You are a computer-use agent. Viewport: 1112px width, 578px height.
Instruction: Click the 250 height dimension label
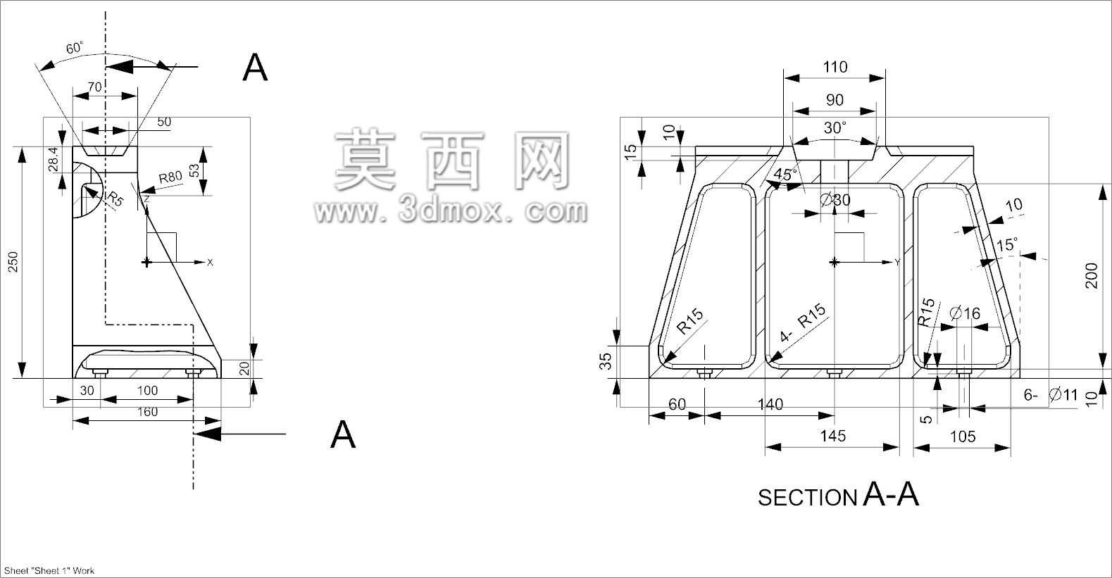[13, 262]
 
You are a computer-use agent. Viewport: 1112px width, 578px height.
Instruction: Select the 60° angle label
[75, 48]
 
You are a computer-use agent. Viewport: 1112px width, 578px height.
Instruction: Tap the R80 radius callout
[170, 177]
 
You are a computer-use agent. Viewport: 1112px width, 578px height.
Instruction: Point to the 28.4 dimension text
[53, 159]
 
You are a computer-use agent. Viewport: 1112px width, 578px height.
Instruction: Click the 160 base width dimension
[147, 412]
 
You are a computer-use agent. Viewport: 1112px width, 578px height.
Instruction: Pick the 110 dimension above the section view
[835, 67]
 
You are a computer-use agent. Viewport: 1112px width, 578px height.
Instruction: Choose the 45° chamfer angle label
[785, 174]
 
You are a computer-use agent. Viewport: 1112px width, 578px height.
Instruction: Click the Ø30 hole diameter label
[835, 200]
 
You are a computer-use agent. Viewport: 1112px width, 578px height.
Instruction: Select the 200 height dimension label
[1091, 275]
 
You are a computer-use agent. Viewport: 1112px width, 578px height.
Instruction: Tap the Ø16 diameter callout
[965, 313]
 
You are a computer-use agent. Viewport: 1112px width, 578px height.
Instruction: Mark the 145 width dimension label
[832, 436]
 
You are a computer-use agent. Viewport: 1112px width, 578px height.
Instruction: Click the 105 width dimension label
[963, 436]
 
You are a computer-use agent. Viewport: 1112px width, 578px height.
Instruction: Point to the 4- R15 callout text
[802, 322]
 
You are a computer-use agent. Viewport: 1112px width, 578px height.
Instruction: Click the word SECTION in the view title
[807, 498]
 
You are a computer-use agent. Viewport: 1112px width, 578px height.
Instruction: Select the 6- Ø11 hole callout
[1051, 395]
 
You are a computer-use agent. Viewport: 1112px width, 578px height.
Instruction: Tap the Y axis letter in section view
[897, 263]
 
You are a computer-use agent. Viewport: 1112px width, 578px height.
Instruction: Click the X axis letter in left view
[210, 263]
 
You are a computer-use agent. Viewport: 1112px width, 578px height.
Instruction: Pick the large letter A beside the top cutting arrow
[255, 68]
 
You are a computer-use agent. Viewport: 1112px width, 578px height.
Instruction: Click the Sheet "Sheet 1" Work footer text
[49, 570]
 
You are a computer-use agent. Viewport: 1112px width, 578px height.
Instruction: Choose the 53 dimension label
[194, 170]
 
